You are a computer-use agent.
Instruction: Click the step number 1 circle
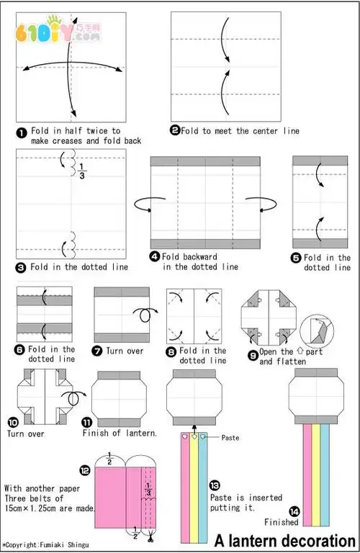tap(22, 133)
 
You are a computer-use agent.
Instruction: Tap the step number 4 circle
tap(155, 256)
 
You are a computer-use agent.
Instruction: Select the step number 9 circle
tap(253, 356)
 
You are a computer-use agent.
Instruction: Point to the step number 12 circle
tap(85, 470)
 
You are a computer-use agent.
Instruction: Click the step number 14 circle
tap(294, 511)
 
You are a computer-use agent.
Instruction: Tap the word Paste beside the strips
tap(230, 438)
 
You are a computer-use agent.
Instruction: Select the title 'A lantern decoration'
tap(285, 541)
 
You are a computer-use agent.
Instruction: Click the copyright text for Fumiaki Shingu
tap(46, 545)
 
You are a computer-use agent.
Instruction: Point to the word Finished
tap(282, 522)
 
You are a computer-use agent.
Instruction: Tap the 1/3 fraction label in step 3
tap(82, 171)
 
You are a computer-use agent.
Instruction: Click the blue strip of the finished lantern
tap(325, 475)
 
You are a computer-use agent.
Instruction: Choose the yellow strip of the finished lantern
tap(316, 475)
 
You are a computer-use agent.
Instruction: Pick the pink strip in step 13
tap(185, 487)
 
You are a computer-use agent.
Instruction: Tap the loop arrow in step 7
tap(145, 315)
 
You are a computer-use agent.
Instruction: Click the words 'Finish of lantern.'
tap(120, 433)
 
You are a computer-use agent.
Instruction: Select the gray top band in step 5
tap(320, 161)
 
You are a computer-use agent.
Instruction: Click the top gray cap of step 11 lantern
tap(120, 375)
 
